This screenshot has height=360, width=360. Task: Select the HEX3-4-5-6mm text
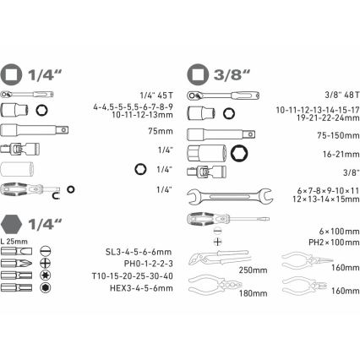click(147, 288)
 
